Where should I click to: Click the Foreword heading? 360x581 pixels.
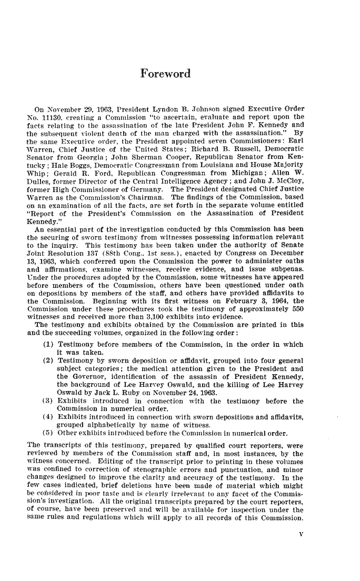pos(165,73)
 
